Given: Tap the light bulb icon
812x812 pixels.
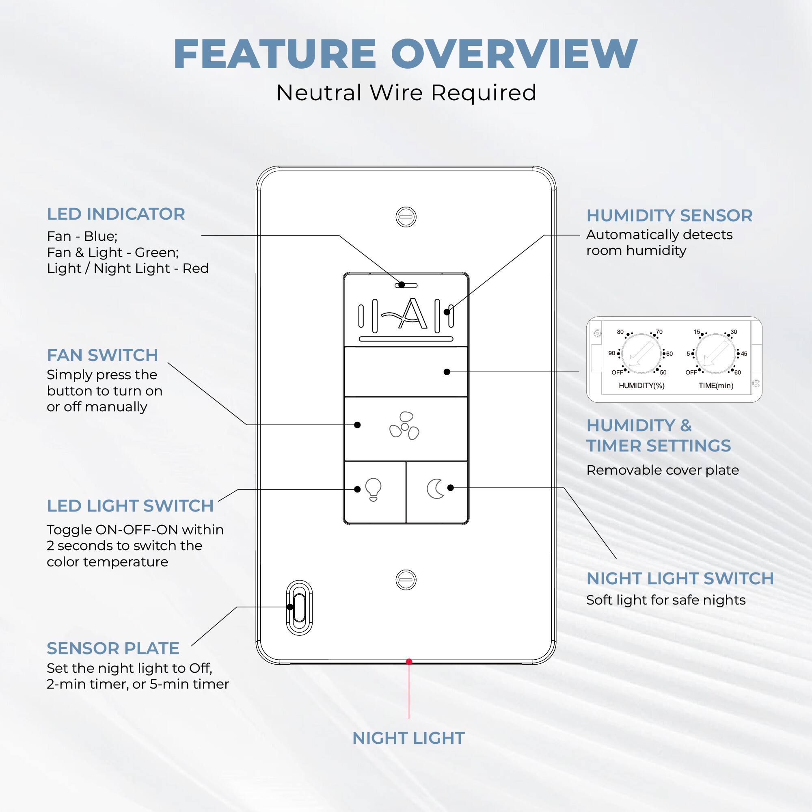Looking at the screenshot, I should pos(373,489).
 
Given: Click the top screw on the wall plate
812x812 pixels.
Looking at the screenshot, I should pos(406,216).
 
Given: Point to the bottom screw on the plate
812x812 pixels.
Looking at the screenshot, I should pos(406,580).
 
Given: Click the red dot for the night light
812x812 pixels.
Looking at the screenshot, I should pos(409,661).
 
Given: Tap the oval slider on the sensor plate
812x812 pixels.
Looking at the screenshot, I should pos(299,607).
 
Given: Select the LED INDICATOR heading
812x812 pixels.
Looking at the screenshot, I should pos(116,214).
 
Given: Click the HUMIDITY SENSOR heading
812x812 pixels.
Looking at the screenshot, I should pos(669,216).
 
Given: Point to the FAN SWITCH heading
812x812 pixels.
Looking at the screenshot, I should pos(102,355).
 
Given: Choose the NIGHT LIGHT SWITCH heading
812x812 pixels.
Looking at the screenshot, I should pos(680,579).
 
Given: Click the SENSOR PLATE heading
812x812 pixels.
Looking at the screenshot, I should pos(112,648).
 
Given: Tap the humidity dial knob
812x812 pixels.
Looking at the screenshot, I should pos(641,354).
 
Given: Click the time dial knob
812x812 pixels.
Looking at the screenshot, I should pos(715,354).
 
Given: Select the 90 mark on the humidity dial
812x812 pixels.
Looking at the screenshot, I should pos(612,354).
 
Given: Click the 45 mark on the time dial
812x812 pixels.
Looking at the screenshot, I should pos(743,354).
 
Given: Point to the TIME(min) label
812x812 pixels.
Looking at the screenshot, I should pos(716,385).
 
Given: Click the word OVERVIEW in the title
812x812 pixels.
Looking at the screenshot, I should pos(514,54).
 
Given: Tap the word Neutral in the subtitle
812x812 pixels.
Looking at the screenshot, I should pos(319,93).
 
